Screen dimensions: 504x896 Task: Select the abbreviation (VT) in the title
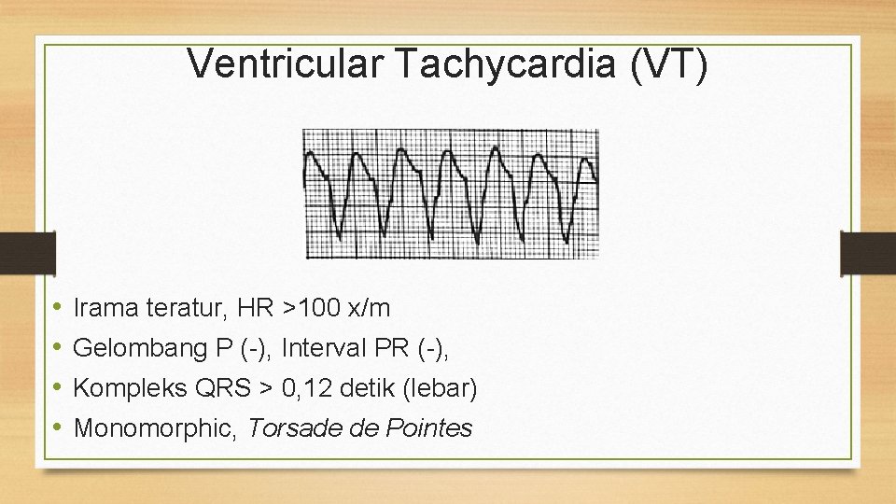click(669, 63)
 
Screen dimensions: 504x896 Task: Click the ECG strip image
click(451, 193)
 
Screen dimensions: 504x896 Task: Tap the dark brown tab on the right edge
click(867, 253)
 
